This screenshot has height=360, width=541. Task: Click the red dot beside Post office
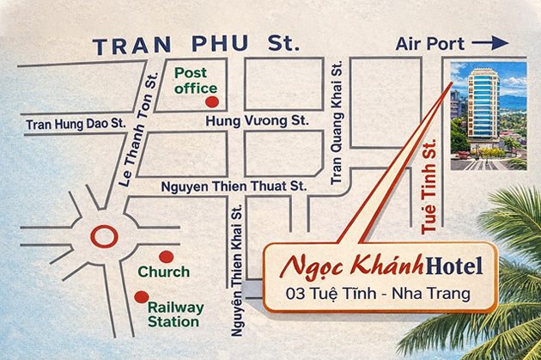(x=211, y=101)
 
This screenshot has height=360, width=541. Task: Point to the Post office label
(x=196, y=81)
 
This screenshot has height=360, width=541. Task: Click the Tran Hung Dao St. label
(x=76, y=124)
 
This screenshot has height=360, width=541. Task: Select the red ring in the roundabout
(x=104, y=235)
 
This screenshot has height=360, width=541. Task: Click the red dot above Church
(x=166, y=256)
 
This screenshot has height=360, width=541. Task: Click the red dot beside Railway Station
(x=140, y=296)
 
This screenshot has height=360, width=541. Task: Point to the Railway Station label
(x=175, y=314)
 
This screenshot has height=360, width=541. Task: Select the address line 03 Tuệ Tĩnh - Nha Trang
(x=380, y=295)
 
